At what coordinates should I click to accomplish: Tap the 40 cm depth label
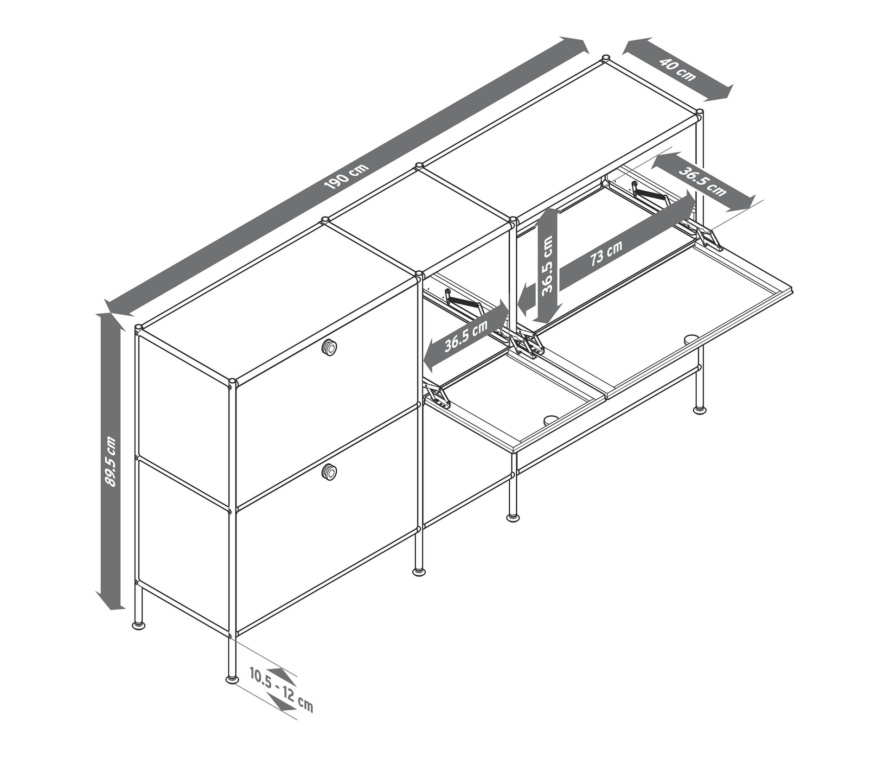coord(680,70)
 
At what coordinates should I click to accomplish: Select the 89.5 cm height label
coord(111,461)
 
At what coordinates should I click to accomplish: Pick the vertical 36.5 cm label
coord(548,264)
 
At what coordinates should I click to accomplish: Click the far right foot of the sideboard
coord(699,410)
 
